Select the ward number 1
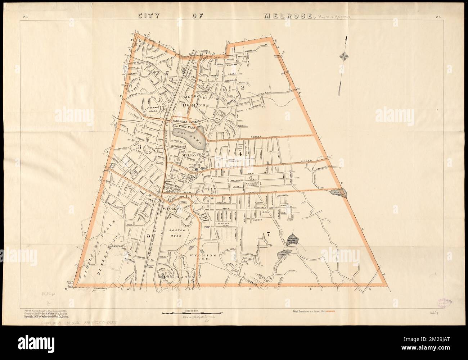point(162,77)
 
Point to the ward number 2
point(243,87)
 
